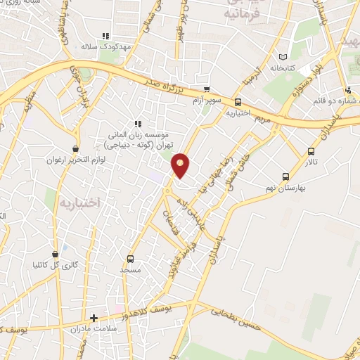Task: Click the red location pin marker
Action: point(181,164)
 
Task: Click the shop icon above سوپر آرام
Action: point(207,89)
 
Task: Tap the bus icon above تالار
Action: point(311,151)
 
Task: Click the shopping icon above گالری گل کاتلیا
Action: point(56,255)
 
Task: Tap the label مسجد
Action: point(130,269)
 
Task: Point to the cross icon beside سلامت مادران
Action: point(94,318)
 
